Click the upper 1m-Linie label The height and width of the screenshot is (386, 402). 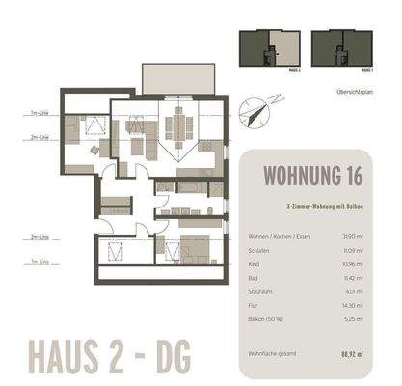click(x=39, y=115)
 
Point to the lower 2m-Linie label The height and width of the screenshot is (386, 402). click(x=39, y=236)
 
